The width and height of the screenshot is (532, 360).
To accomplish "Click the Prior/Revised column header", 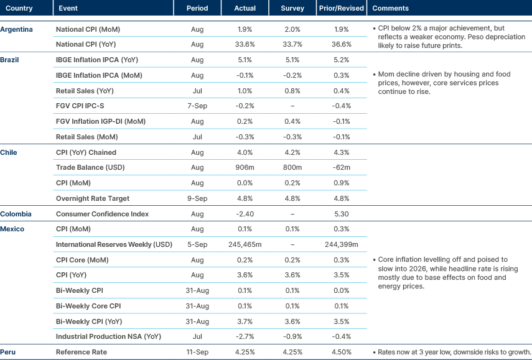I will point(340,9).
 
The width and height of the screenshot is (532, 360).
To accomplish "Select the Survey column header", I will point(292,9).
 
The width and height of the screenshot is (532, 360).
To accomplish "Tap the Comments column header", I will point(390,9).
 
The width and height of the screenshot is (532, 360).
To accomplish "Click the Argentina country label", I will point(17,29).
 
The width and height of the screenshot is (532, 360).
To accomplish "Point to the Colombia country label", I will point(16,214).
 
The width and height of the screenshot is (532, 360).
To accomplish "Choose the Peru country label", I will point(9,352).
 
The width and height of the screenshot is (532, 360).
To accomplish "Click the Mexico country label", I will point(12,229).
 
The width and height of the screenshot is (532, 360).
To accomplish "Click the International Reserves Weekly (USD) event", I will point(114,244).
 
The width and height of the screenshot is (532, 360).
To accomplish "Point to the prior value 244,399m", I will point(340,244).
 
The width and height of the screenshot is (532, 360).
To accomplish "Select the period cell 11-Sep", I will point(197,352).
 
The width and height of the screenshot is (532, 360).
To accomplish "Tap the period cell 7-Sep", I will point(197,106).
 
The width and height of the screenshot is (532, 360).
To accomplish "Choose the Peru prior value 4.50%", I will point(340,352).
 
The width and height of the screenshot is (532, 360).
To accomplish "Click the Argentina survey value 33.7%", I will point(292,45).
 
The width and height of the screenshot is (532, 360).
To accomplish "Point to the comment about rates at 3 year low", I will point(450,352).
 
